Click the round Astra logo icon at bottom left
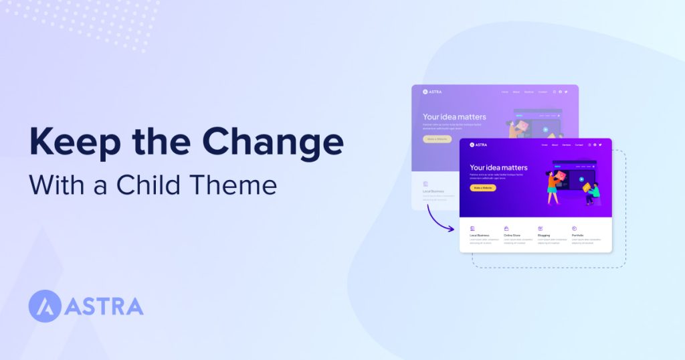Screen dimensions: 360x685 pyautogui.click(x=45, y=306)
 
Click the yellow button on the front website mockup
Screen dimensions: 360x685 pyautogui.click(x=483, y=188)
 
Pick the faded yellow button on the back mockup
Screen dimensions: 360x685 pyautogui.click(x=437, y=139)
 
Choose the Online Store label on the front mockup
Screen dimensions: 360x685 pyautogui.click(x=514, y=236)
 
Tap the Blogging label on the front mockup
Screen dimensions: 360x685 pyautogui.click(x=544, y=236)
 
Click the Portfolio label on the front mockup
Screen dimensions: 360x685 pyautogui.click(x=578, y=236)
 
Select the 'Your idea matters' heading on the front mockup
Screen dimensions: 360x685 pyautogui.click(x=498, y=167)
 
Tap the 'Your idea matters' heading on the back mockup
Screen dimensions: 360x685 pyautogui.click(x=454, y=116)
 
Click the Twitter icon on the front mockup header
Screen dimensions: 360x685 pyautogui.click(x=600, y=145)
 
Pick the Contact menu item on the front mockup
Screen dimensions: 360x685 pyautogui.click(x=579, y=145)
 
